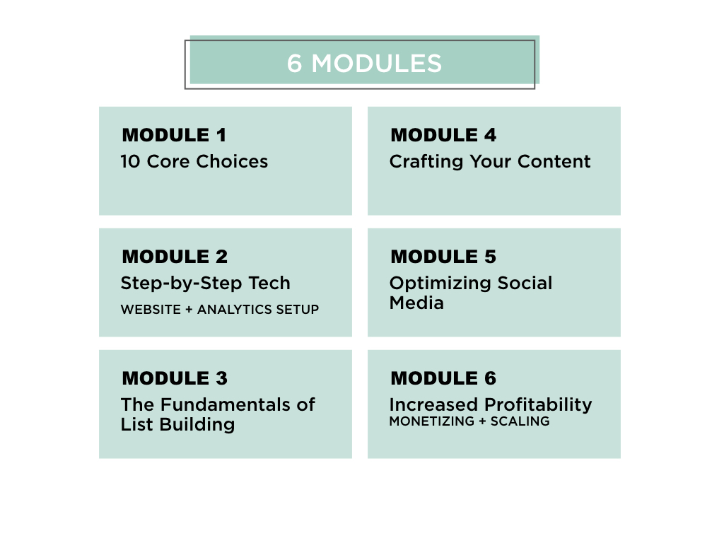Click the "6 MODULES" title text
pos(364,63)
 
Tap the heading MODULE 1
pos(174,135)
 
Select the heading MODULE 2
pos(175,257)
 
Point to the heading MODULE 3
pos(175,378)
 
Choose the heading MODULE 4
pos(443,135)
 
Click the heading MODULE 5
pos(443,257)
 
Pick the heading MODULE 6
pos(443,378)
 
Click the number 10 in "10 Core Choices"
pos(130,162)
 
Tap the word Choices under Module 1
pos(232,162)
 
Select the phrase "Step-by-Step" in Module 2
pos(181,284)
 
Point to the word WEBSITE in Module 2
pos(151,310)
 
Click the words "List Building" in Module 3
pos(177,425)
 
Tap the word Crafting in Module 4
pos(426,162)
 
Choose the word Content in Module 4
pos(554,162)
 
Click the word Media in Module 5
pos(416,303)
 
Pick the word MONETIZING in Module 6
pos(432,421)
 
